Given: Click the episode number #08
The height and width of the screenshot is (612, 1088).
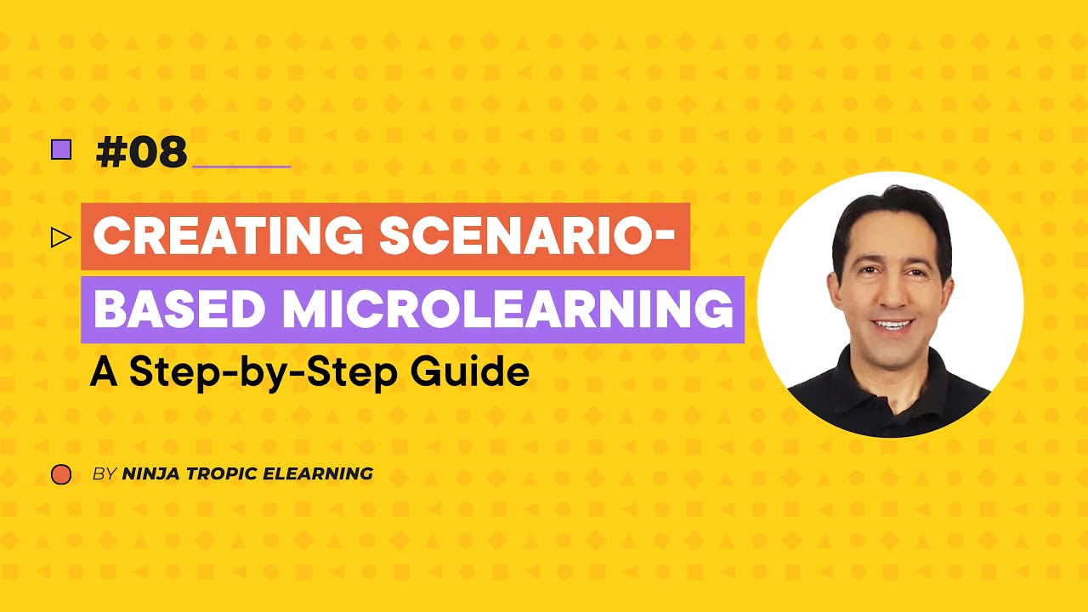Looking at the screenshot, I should [x=141, y=152].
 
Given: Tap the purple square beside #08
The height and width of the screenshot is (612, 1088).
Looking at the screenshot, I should [x=61, y=150].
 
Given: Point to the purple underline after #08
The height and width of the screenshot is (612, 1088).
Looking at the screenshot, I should [x=242, y=166].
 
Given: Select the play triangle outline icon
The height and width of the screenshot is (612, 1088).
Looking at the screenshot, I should [x=60, y=237].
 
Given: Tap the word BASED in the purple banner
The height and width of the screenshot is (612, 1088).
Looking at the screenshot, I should [x=179, y=310].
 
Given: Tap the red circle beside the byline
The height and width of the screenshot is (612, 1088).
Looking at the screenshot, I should [x=61, y=474].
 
